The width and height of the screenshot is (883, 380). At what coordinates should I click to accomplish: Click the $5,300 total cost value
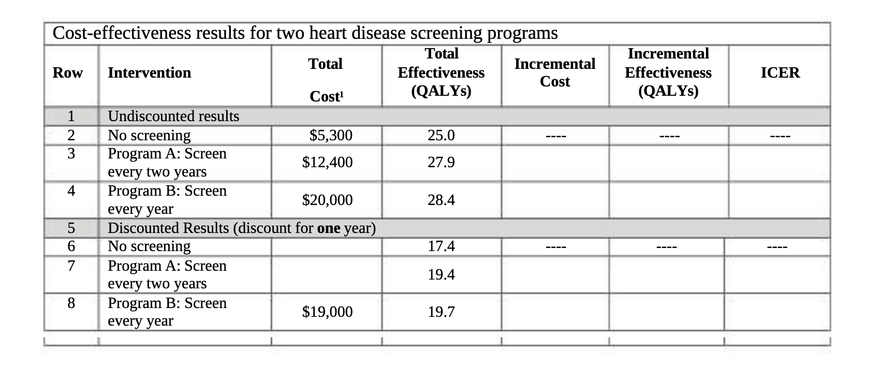[x=330, y=136]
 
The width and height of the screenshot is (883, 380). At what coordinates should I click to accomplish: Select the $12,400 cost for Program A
[x=327, y=163]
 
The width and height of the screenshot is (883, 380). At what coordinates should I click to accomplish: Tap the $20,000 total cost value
[x=327, y=200]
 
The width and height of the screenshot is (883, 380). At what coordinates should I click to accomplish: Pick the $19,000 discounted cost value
[x=327, y=312]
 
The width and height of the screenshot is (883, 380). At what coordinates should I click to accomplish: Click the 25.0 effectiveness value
[x=441, y=136]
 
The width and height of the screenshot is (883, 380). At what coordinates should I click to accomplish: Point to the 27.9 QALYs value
[x=441, y=163]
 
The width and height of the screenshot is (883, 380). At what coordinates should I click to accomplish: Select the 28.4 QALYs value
[x=441, y=200]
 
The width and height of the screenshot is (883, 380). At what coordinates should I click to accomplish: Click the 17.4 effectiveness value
[x=441, y=246]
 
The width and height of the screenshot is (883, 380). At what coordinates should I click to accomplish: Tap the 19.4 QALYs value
[x=441, y=274]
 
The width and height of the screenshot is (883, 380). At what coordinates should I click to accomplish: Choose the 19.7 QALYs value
[x=441, y=312]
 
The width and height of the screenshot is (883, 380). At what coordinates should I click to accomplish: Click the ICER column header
[x=780, y=73]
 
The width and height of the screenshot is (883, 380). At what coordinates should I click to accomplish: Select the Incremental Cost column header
[x=554, y=72]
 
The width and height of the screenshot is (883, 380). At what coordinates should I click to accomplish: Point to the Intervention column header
[x=149, y=73]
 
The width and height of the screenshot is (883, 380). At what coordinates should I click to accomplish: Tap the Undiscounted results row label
[x=173, y=116]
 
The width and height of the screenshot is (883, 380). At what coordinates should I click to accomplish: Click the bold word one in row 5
[x=329, y=228]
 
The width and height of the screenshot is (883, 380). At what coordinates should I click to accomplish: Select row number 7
[x=71, y=266]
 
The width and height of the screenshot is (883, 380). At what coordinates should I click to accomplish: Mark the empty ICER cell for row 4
[x=779, y=200]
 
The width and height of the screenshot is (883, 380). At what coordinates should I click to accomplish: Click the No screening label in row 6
[x=149, y=246]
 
